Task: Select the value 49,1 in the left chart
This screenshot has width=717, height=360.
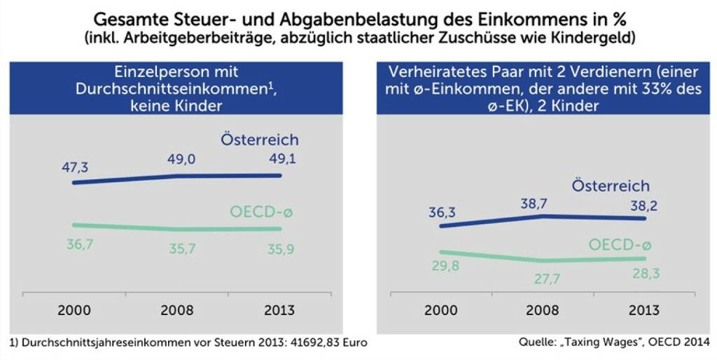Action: tap(279, 159)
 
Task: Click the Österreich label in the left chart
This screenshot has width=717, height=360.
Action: tap(260, 139)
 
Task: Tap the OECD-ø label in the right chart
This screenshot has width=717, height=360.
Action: tap(620, 245)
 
